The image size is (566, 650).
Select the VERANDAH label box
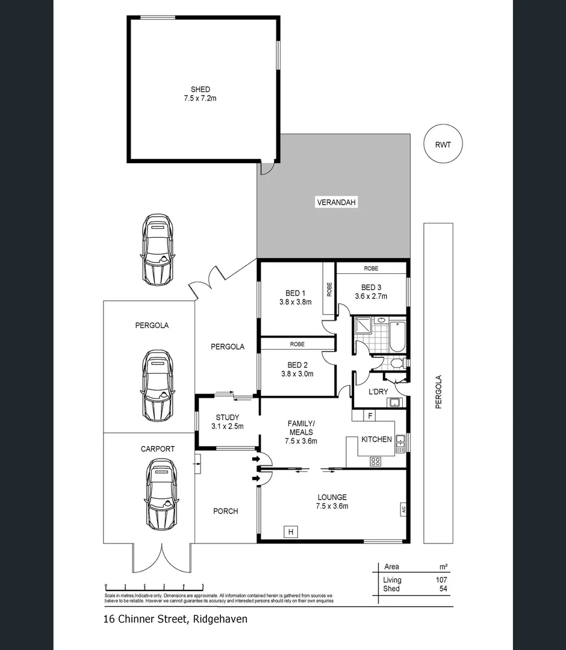coord(337,203)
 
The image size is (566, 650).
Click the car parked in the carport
coord(161,494)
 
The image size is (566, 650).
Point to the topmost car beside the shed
coord(158,249)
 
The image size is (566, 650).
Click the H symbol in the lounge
coord(291,531)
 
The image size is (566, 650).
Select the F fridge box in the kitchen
coord(370,415)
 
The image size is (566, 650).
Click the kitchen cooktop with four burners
coord(375,462)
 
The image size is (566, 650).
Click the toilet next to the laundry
coord(396,364)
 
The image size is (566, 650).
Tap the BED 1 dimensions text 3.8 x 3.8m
coord(295,302)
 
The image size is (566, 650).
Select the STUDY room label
coord(227,417)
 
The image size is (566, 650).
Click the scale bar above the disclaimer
coord(155,585)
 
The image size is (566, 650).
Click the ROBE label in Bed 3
coord(371,268)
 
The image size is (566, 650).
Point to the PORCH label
coord(226,511)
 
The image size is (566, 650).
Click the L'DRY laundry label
coord(378,392)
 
